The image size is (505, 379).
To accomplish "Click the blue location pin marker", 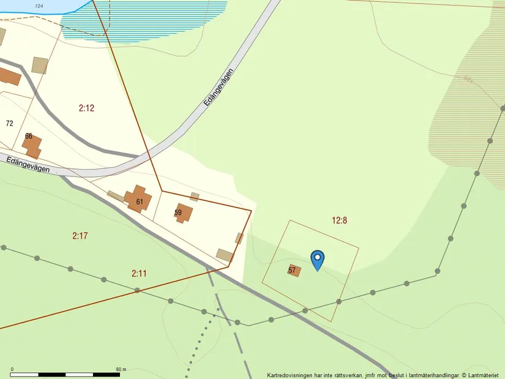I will (x=318, y=260).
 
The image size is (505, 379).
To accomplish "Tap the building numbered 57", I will (x=294, y=270).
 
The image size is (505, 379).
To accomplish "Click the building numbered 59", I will (x=183, y=213).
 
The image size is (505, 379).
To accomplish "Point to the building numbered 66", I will (x=31, y=144).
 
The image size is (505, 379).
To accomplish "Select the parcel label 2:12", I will (x=86, y=108).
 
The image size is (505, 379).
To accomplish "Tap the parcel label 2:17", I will (x=80, y=235).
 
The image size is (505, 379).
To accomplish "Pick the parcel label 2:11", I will (x=139, y=273).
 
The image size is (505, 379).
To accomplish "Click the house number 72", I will (x=9, y=123).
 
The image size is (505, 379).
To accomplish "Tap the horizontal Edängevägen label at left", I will (x=28, y=165).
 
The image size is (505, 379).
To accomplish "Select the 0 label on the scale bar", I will (x=12, y=369).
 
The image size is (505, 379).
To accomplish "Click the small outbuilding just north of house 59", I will (x=195, y=197).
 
